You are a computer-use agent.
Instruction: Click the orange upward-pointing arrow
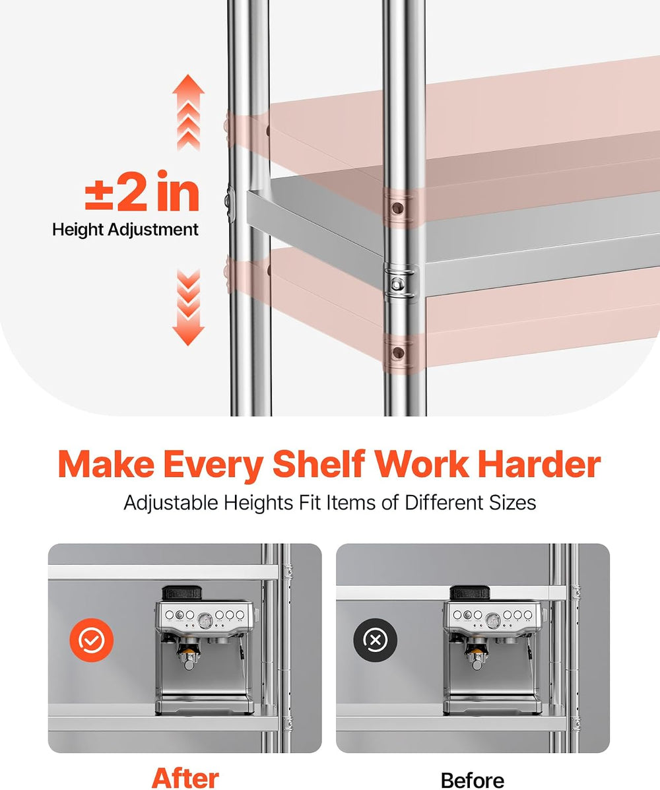188,112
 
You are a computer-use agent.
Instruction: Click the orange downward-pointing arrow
188,308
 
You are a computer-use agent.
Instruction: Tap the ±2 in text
142,191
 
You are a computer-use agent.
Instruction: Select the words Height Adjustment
125,230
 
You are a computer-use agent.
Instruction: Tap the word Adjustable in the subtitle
171,504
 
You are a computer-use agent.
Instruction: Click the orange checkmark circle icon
91,640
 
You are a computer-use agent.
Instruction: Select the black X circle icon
376,640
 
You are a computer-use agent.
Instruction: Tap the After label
185,778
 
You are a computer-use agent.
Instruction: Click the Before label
473,780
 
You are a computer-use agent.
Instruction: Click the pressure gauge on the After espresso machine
205,620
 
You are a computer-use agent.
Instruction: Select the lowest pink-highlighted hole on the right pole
398,352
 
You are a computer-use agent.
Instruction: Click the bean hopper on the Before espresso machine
470,593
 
